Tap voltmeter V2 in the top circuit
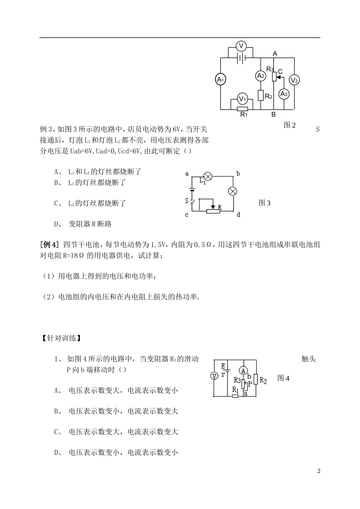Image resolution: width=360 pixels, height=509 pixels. coord(294,80)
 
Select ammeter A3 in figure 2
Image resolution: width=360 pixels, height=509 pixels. coord(284,94)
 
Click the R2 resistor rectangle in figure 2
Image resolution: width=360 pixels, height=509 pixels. coord(260,95)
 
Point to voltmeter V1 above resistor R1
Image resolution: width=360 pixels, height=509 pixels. coord(242,99)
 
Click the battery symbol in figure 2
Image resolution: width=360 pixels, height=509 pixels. coord(241,58)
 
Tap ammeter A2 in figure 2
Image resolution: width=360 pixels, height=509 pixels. coord(260,76)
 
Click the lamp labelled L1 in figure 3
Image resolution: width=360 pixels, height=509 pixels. coord(208,176)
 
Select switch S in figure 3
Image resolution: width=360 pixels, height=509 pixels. coord(192,201)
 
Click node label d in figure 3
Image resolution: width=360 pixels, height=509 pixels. coord(238,215)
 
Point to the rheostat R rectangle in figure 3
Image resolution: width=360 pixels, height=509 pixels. coord(213,211)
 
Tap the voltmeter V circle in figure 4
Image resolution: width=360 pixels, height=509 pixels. coord(214,376)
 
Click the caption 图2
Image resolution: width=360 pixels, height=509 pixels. coord(290,125)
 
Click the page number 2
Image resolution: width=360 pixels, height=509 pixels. coord(319,471)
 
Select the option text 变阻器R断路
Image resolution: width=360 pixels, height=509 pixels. coord(90,224)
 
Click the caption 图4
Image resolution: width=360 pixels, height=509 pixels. coord(283,378)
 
